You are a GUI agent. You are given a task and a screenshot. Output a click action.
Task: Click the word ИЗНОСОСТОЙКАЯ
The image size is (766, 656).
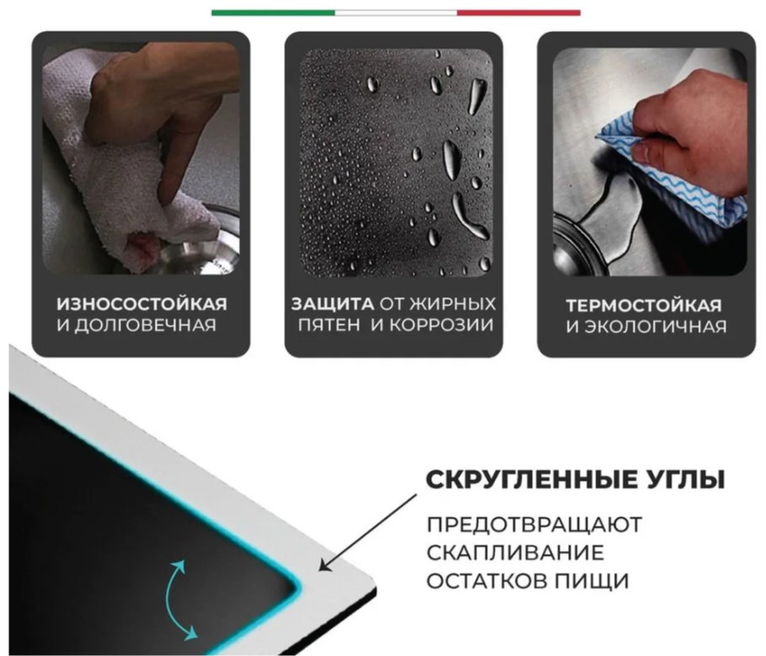click(x=142, y=304)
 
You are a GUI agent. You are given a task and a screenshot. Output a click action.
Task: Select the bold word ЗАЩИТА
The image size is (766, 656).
click(x=333, y=304)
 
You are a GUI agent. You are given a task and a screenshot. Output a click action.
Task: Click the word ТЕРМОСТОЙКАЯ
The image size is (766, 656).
click(x=644, y=306)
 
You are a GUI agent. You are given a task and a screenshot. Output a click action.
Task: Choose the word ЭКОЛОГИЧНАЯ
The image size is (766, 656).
click(x=656, y=327)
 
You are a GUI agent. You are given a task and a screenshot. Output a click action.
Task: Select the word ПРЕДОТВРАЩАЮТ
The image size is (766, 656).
click(x=534, y=525)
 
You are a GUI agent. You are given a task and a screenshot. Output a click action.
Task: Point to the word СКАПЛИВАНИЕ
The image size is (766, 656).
click(x=516, y=553)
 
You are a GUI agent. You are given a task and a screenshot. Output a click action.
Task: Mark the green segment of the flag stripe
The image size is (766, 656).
click(x=273, y=13)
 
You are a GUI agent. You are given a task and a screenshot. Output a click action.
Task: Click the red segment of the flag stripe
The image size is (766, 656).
click(x=519, y=13)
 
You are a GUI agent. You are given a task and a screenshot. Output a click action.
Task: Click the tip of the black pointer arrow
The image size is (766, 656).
click(x=319, y=570)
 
